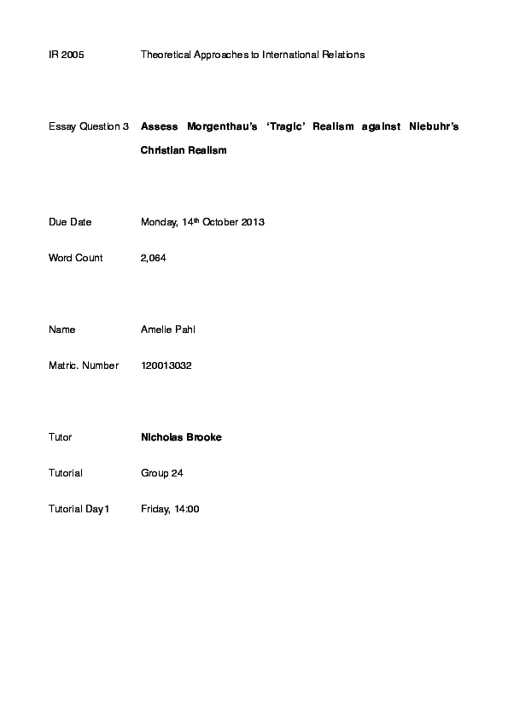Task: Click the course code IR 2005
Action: (x=67, y=55)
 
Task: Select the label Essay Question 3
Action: (x=89, y=126)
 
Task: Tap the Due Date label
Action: (x=70, y=222)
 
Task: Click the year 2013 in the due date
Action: (x=254, y=222)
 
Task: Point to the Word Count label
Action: (x=76, y=258)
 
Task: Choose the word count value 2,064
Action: (x=154, y=258)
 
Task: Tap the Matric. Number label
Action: (x=83, y=365)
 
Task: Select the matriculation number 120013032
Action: (x=166, y=365)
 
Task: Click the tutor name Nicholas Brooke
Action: (x=181, y=437)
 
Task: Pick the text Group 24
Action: (x=162, y=473)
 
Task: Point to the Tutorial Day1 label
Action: (x=79, y=509)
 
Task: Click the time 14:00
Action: (x=187, y=509)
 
